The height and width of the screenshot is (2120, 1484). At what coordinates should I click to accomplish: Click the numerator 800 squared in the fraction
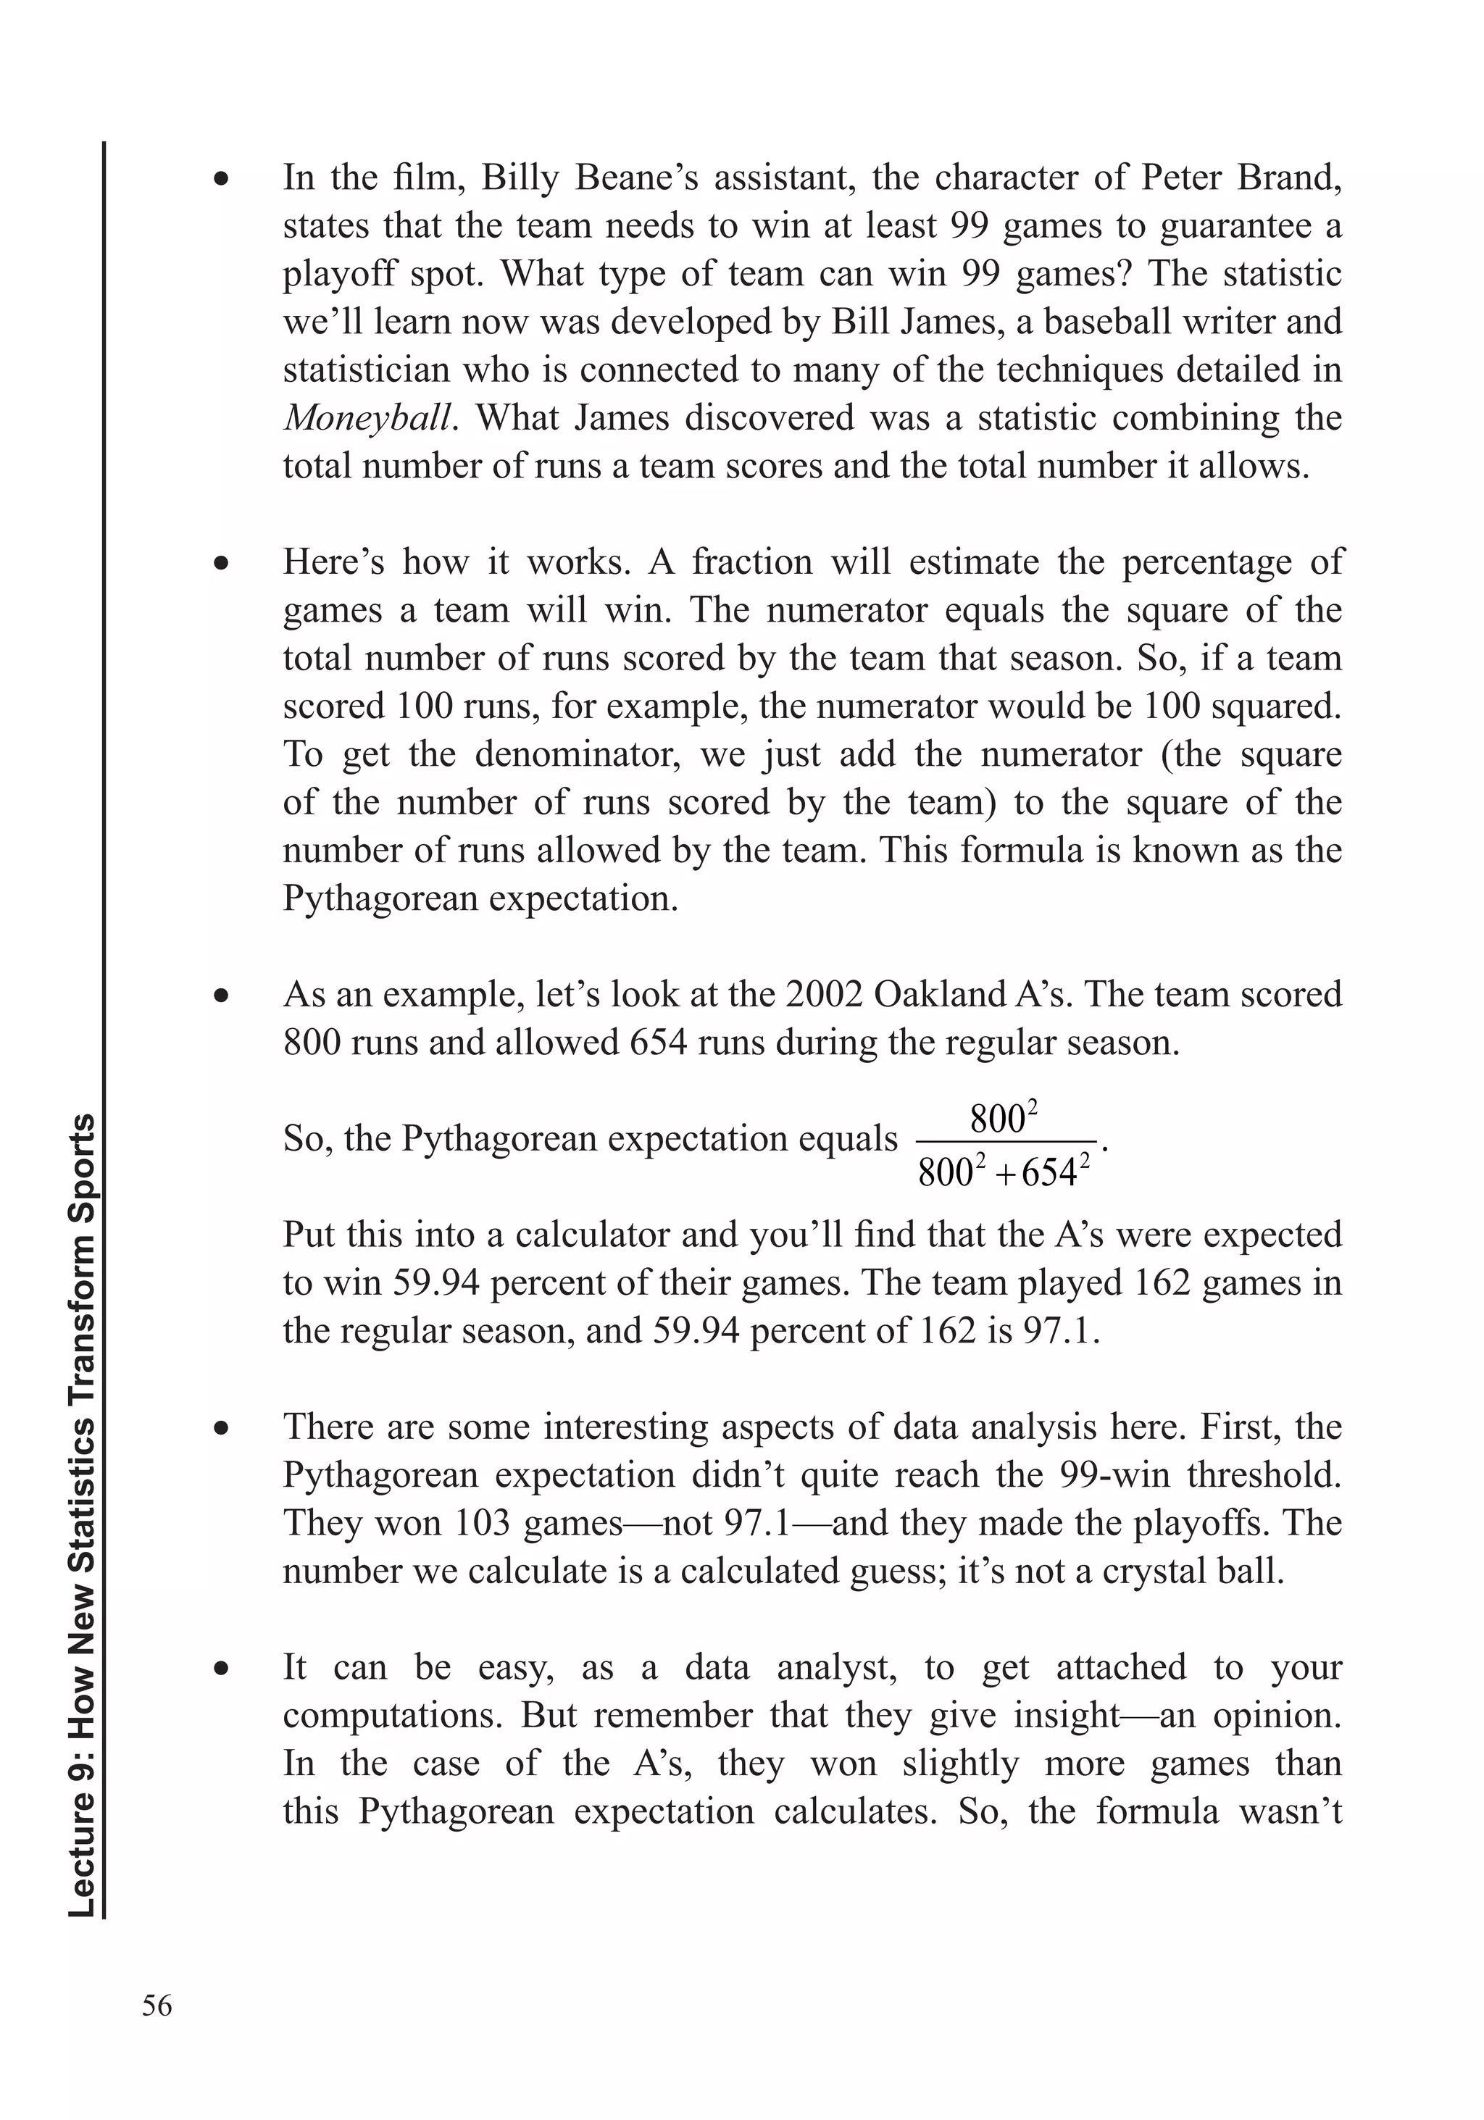(x=1004, y=1119)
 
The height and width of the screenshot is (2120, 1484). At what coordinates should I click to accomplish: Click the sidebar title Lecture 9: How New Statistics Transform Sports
(x=84, y=1514)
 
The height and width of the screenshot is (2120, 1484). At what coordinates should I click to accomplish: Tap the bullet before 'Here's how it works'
(x=221, y=563)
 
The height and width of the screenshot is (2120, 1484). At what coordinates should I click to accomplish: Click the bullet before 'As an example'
(x=221, y=996)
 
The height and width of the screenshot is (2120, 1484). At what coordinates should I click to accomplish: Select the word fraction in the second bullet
(x=751, y=562)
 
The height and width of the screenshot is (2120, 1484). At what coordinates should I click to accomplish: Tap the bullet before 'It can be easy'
(x=221, y=1669)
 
